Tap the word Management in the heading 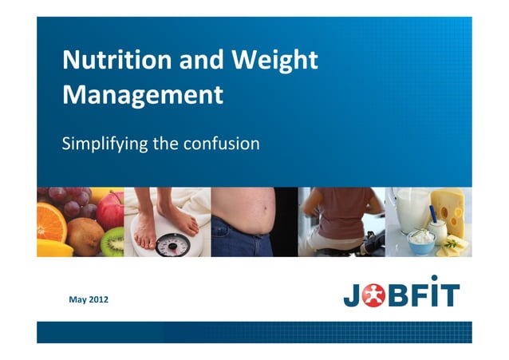142,95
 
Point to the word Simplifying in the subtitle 103,144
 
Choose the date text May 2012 89,299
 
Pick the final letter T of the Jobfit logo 451,293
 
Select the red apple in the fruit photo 109,209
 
